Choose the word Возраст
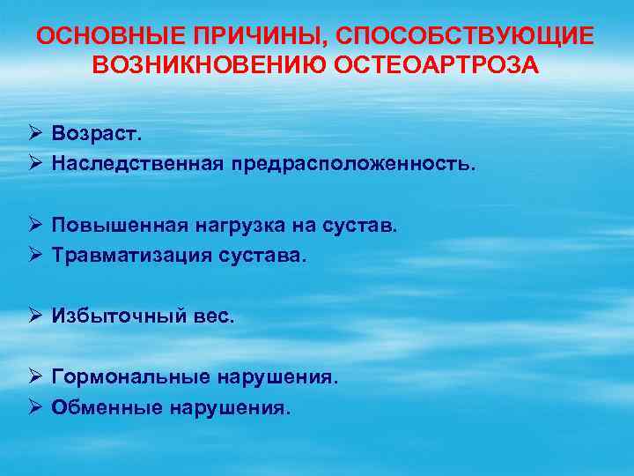click(x=97, y=134)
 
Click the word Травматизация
click(x=132, y=256)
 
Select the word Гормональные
click(x=131, y=377)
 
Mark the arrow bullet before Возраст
click(x=34, y=134)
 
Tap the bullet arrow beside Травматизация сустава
click(x=34, y=256)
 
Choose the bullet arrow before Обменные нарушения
click(x=34, y=407)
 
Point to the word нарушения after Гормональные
click(x=278, y=377)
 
